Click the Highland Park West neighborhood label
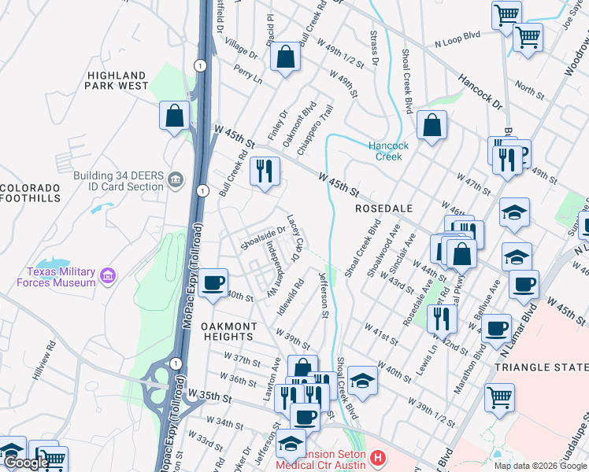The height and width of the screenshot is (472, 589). click(117, 79)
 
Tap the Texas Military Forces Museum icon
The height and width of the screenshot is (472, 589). click(109, 277)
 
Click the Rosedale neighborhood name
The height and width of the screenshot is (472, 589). click(383, 208)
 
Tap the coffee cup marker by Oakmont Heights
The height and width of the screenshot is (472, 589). click(211, 282)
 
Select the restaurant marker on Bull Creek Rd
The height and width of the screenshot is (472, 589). click(265, 171)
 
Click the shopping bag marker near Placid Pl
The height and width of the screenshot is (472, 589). click(284, 57)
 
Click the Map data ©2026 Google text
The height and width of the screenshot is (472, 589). click(540, 465)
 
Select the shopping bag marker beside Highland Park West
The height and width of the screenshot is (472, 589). click(174, 116)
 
